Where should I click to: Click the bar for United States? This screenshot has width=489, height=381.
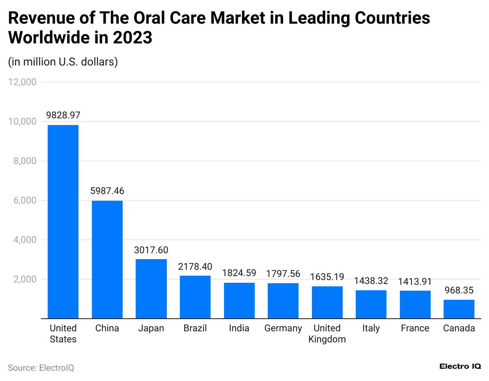[63, 222]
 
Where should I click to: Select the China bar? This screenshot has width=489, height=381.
[107, 260]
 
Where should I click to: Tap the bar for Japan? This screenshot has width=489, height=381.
[151, 289]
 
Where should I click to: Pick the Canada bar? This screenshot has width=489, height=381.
[459, 309]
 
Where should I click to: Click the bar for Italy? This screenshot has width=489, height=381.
[371, 304]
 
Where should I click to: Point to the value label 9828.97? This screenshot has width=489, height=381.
[63, 115]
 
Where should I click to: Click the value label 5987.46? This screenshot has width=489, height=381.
[107, 191]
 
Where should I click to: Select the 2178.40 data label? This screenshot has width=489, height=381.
[195, 267]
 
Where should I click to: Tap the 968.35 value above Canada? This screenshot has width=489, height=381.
[459, 290]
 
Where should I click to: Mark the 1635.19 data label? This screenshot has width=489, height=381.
[327, 277]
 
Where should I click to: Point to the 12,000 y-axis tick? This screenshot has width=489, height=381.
[22, 82]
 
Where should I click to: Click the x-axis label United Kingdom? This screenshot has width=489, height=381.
[327, 334]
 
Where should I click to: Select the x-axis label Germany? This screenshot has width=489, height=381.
[283, 328]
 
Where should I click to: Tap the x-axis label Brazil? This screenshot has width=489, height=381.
[195, 328]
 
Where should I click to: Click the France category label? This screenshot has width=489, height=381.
[415, 328]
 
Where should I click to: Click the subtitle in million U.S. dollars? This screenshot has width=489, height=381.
[63, 62]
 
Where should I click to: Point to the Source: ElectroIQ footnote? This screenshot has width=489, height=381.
[41, 368]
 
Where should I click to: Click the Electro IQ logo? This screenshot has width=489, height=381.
[460, 366]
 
